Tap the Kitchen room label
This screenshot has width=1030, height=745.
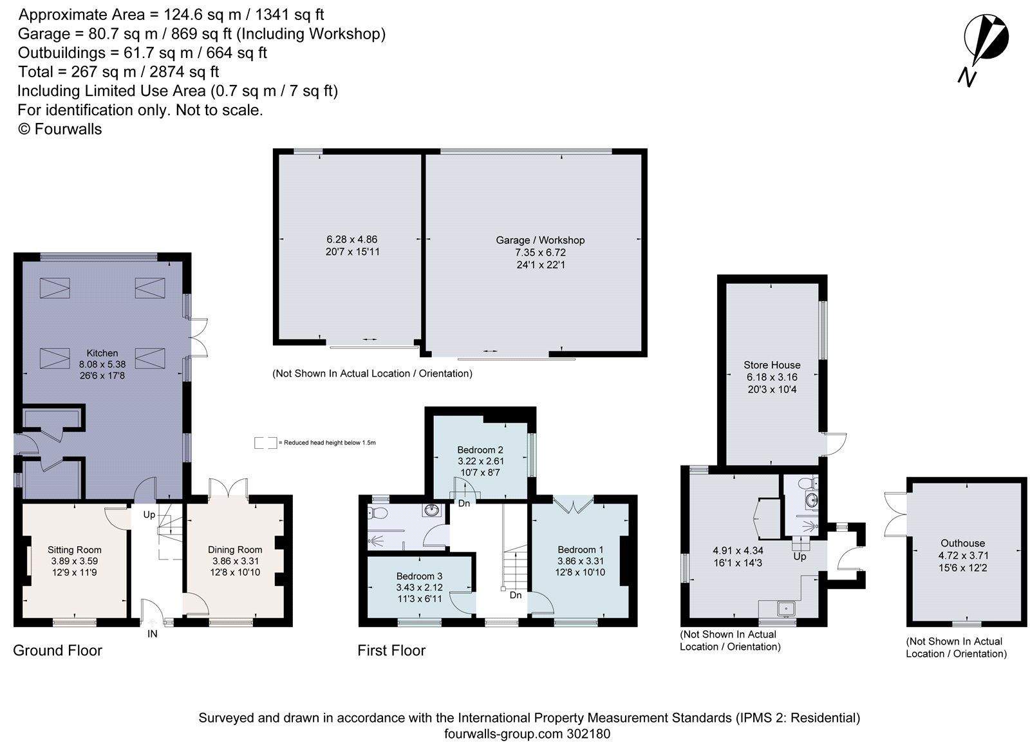tap(102, 353)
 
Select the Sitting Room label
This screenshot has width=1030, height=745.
tap(75, 550)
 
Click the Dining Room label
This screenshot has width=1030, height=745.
tap(235, 550)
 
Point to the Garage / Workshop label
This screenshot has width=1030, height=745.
tap(540, 240)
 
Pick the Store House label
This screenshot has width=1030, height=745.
tap(772, 365)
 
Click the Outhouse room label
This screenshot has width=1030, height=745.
tap(962, 543)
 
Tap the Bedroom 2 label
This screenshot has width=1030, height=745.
tap(480, 449)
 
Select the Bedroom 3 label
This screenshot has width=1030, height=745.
tap(419, 576)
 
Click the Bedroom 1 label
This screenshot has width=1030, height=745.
tap(580, 550)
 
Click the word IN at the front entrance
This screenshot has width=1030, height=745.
tap(152, 634)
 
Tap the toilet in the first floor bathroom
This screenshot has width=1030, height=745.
tap(377, 513)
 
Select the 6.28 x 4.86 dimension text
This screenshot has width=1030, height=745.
tap(352, 240)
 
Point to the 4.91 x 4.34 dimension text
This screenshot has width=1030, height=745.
tap(738, 551)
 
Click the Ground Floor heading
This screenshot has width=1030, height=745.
tap(57, 650)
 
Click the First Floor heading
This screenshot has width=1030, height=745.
tap(391, 650)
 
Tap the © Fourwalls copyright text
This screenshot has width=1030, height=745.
tap(60, 129)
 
